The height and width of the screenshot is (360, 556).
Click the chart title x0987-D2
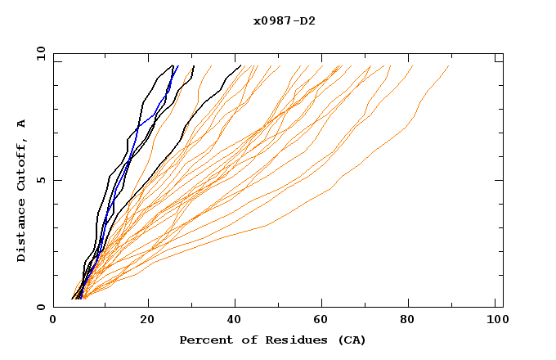click(284, 20)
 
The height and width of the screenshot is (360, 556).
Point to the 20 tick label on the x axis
click(147, 321)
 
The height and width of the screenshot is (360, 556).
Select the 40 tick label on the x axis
click(235, 321)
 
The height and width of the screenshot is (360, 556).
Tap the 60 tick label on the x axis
click(325, 321)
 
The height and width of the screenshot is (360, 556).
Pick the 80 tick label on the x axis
click(413, 321)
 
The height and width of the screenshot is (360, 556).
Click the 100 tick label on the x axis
click(496, 321)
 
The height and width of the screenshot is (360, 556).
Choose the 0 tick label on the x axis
click(54, 321)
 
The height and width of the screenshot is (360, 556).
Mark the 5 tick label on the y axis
click(40, 180)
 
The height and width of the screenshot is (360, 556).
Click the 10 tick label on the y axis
click(37, 53)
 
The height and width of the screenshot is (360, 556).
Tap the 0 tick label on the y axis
click(40, 307)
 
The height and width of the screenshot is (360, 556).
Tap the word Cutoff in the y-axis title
click(22, 164)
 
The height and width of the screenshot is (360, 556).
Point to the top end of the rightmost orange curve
click(449, 66)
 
